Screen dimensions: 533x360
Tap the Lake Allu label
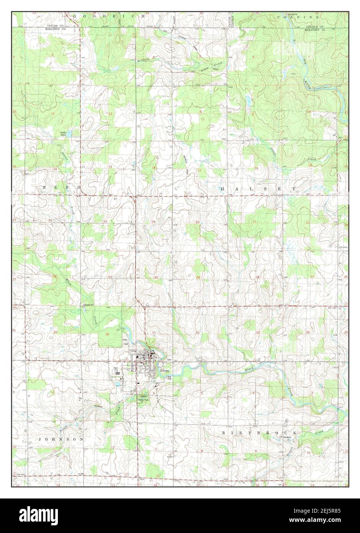63,134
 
